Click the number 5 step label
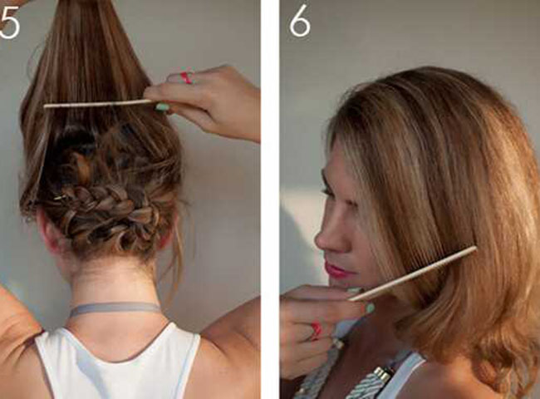[9, 24]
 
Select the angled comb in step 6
[413, 274]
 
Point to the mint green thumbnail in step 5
[162, 106]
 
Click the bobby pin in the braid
[61, 198]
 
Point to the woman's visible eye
[329, 191]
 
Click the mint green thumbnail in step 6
[370, 308]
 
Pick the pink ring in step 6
[317, 331]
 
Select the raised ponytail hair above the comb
[86, 52]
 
